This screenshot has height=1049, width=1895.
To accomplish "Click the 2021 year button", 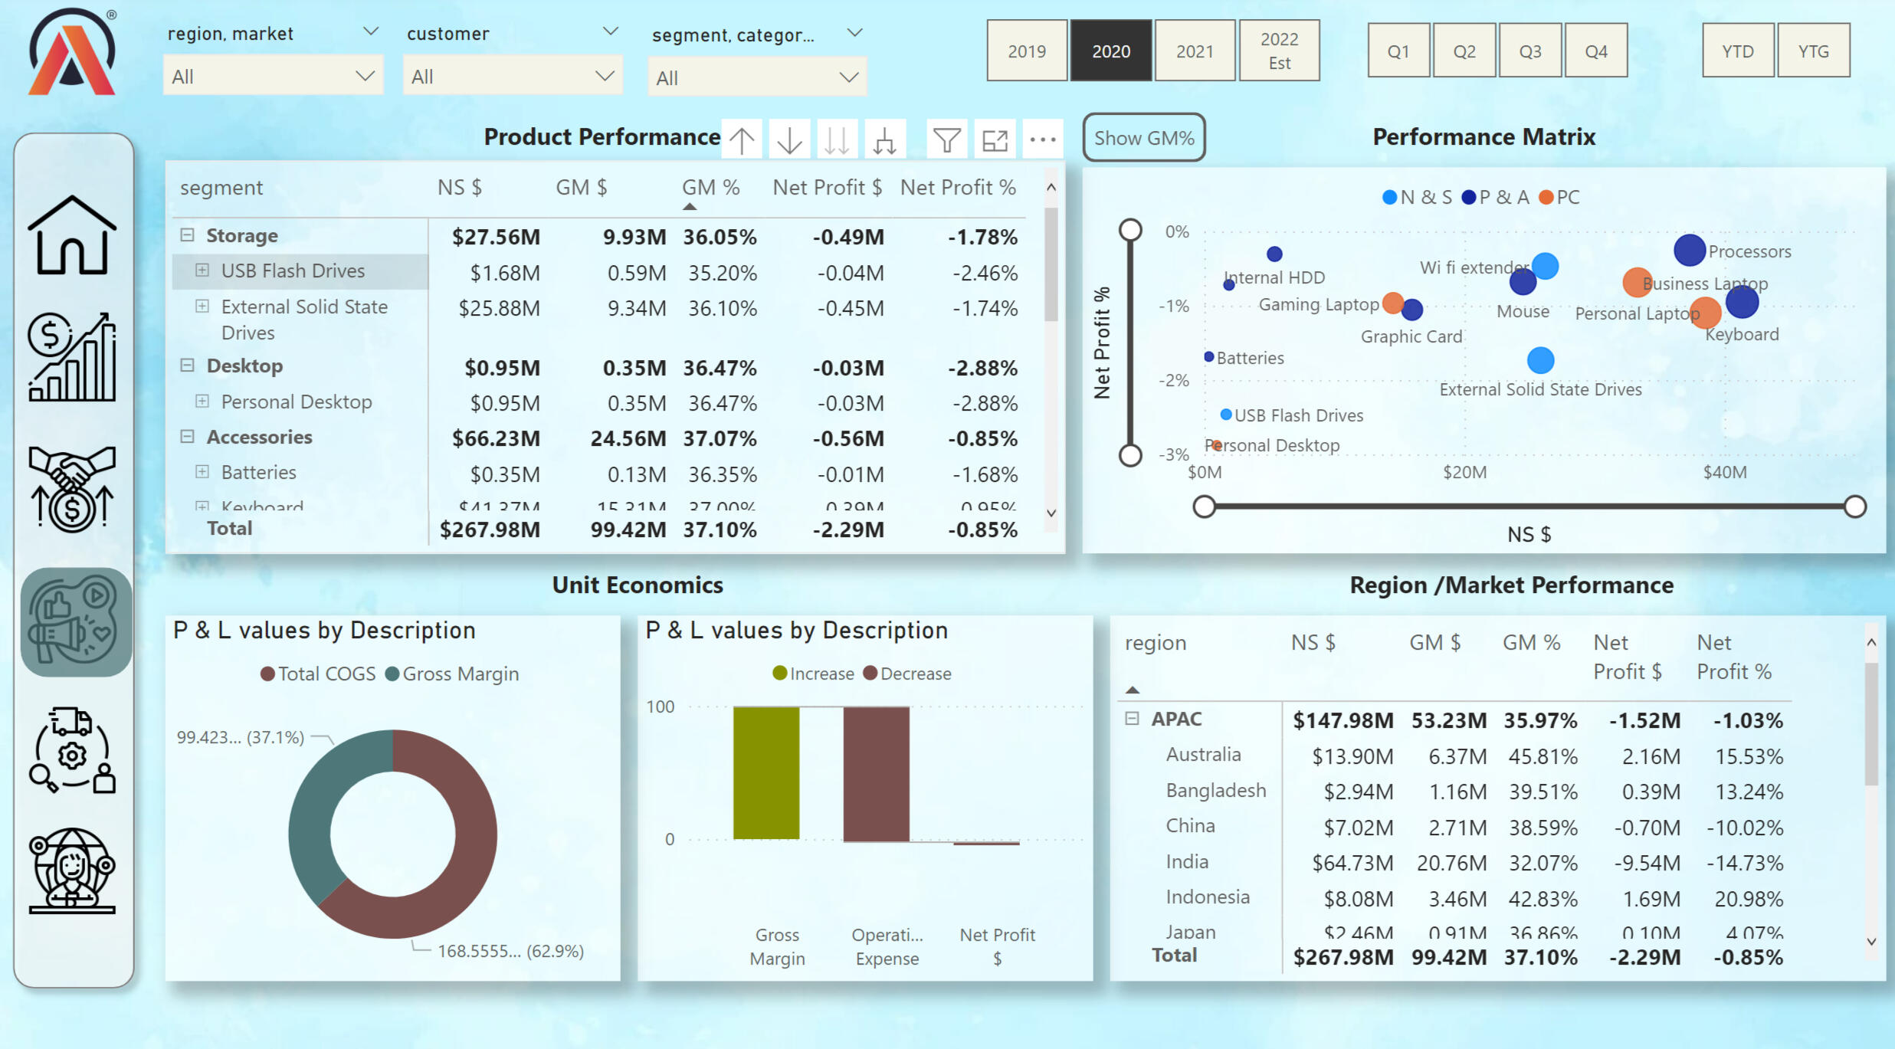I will [x=1195, y=51].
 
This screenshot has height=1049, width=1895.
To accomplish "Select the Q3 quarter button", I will [x=1529, y=51].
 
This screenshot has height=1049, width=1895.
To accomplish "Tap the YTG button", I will [x=1813, y=51].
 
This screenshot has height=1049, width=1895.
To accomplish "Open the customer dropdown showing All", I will [x=512, y=77].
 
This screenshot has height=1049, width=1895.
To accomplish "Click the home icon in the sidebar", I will [x=72, y=235].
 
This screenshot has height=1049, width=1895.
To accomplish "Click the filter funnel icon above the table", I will [x=946, y=140].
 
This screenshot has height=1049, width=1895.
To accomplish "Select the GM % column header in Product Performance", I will [x=710, y=188].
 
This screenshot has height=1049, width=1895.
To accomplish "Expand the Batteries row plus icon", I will [x=202, y=472].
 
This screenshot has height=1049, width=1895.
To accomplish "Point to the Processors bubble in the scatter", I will [x=1689, y=250].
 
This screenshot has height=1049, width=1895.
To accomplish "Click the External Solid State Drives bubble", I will [x=1540, y=360].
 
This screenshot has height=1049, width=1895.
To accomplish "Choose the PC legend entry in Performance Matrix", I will [x=1559, y=198].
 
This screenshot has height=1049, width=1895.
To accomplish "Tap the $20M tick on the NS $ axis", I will [x=1464, y=472].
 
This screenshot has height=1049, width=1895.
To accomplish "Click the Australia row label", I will [x=1203, y=755].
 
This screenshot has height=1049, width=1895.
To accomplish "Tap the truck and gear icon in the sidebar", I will [x=72, y=750].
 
